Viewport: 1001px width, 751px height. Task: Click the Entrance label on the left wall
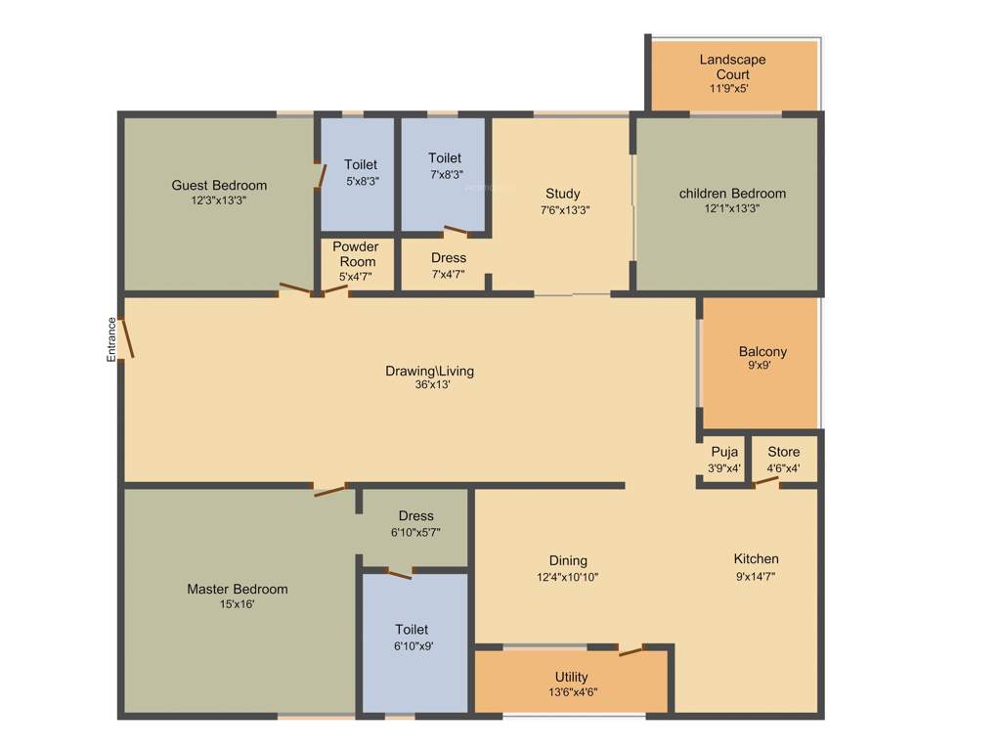111,340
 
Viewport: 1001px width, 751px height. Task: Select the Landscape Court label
732,66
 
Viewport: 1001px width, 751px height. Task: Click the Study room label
563,194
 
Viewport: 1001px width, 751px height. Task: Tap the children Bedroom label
732,194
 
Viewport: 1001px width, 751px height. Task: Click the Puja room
724,460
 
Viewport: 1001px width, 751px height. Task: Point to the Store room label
783,452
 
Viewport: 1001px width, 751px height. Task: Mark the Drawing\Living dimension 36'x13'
430,385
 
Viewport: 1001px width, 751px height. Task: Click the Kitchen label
757,559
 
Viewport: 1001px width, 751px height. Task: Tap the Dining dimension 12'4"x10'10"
567,577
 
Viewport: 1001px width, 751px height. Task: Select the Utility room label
572,677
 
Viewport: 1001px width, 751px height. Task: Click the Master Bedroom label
238,589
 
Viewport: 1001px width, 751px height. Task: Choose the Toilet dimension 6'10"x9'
412,645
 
